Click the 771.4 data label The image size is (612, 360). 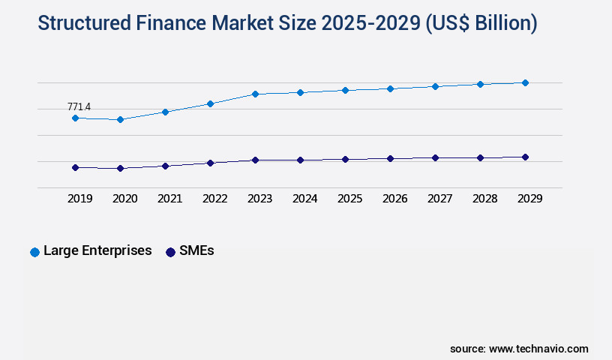79,107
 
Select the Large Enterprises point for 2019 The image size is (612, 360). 75,118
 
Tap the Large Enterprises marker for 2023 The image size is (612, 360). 255,94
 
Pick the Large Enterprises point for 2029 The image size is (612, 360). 525,82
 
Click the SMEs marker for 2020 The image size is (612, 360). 120,168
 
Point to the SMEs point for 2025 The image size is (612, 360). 345,159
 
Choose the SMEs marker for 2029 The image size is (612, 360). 525,157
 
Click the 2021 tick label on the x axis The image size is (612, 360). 169,199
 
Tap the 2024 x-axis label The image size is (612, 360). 304,199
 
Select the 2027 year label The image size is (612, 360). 439,199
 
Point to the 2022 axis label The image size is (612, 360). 214,199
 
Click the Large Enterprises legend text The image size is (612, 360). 97,250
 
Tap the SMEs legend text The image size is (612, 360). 196,250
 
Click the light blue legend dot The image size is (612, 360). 34,252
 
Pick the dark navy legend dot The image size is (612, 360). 170,252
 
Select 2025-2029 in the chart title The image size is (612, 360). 370,23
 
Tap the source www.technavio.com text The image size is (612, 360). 519,349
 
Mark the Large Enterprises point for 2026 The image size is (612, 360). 390,88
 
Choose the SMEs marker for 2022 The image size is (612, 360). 210,163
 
